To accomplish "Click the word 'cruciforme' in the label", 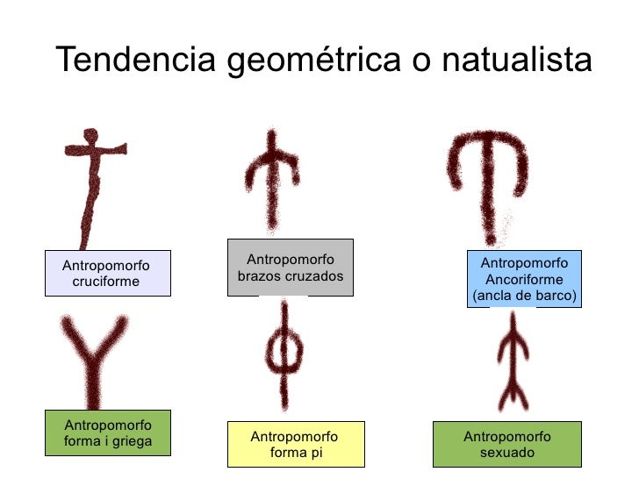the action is (105, 282).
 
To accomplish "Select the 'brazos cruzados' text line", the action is (290, 276).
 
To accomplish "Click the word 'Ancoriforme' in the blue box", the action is (524, 280).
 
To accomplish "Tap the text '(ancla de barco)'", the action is (524, 296).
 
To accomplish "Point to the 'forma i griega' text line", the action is (107, 441).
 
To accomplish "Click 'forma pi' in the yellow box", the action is (293, 453).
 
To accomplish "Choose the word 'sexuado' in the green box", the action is (506, 453).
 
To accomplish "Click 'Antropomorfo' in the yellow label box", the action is (293, 437).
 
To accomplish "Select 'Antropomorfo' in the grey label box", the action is (290, 260).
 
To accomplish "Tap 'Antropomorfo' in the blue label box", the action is (524, 264).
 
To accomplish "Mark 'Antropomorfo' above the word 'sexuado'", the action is (506, 437).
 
